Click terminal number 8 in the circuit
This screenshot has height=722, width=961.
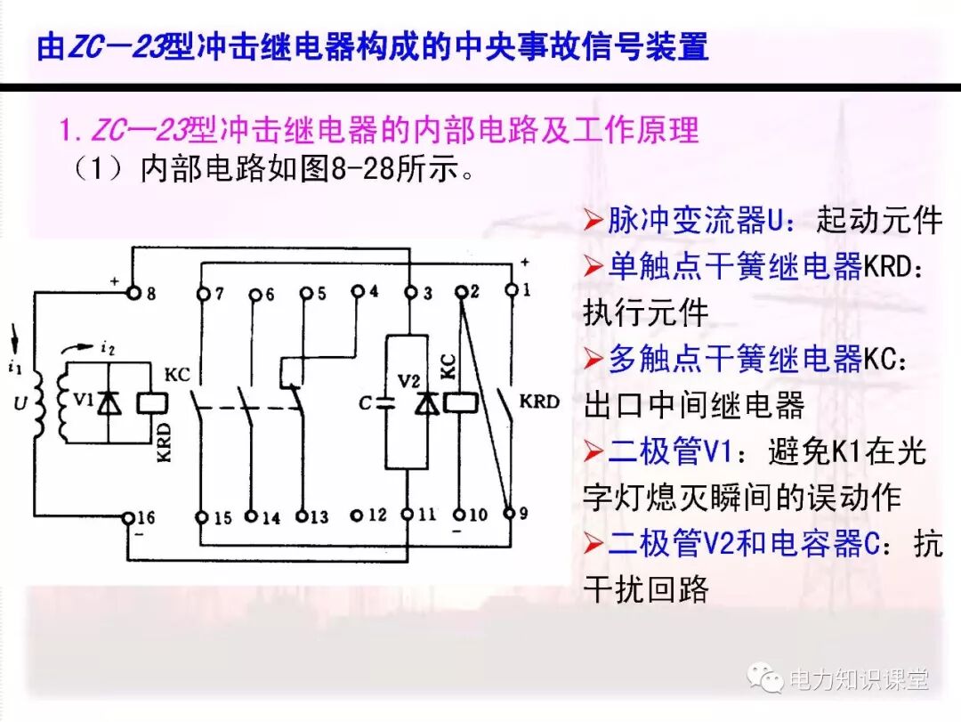149,293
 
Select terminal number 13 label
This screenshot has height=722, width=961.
318,516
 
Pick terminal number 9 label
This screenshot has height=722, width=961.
523,514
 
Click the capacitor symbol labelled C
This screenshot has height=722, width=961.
384,402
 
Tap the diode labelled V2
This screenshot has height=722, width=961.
427,403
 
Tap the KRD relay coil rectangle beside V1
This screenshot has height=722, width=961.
149,402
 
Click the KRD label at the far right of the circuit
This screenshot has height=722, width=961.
540,402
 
